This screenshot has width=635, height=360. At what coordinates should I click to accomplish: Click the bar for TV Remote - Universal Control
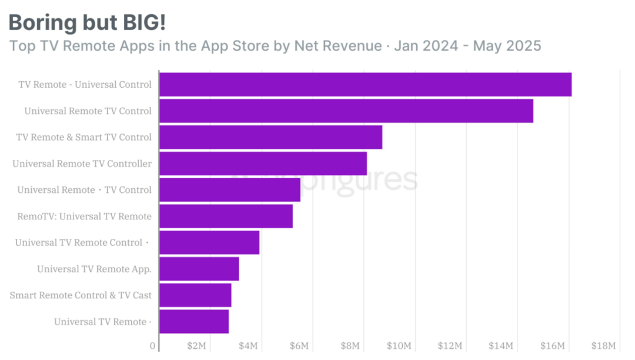coord(365,85)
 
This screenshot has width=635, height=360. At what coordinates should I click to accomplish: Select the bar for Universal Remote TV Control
coord(346,111)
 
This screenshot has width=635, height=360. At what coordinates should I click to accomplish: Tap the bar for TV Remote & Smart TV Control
coord(270,137)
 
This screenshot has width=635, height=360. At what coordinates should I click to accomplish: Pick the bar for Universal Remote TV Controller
coord(263,164)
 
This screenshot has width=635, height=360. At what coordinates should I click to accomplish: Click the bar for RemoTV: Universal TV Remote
coord(226,216)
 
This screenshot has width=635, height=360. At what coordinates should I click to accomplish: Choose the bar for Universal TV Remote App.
coord(199,269)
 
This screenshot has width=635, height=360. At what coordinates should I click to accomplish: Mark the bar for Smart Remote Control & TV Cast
coord(195,295)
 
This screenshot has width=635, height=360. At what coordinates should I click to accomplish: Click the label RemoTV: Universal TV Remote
coord(84,216)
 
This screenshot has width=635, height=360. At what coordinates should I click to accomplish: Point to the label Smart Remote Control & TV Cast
coord(81,295)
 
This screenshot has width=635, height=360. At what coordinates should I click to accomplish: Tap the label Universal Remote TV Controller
coord(82,164)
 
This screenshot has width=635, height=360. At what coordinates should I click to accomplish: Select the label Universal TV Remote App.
coord(94,269)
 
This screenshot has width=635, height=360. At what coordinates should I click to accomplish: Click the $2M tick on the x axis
coord(196,346)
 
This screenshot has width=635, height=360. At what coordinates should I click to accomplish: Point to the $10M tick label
coord(402,346)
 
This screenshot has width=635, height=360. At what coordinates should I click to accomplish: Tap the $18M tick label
coord(603,346)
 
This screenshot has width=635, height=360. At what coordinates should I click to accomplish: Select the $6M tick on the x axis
coord(299,346)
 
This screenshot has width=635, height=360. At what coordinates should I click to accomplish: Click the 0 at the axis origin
coord(153,346)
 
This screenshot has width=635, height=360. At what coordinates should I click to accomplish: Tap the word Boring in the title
coord(40,22)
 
